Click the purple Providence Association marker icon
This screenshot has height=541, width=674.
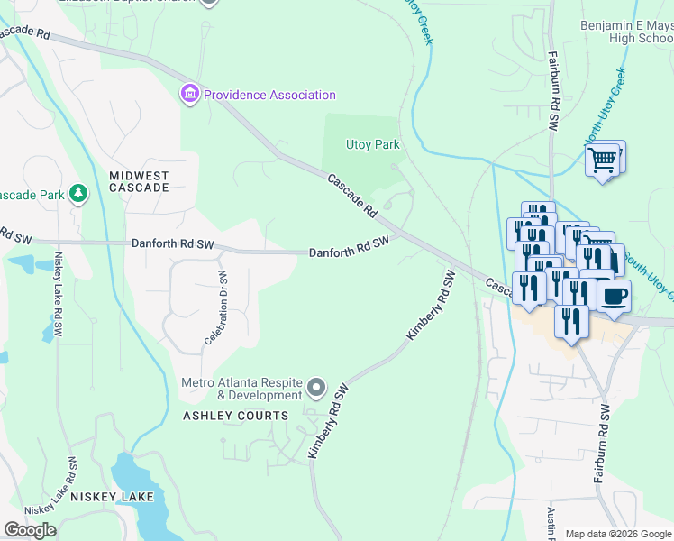tap(190, 94)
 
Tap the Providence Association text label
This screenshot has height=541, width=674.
tap(269, 95)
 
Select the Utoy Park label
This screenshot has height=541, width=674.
tap(372, 144)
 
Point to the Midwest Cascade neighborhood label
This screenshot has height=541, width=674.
tap(139, 181)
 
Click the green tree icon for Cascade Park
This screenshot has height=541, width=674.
tap(79, 193)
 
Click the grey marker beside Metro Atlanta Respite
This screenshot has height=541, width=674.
tap(315, 389)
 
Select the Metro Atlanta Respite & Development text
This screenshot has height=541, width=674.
tap(241, 389)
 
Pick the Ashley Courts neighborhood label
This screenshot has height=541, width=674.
tap(236, 416)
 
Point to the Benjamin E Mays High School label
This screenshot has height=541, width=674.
tap(626, 32)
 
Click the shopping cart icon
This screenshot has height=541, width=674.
tap(603, 160)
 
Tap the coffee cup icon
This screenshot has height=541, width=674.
tap(614, 296)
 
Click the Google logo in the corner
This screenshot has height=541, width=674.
tap(30, 530)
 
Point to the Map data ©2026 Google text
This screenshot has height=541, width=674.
tap(618, 534)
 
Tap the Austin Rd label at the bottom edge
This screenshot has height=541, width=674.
tap(551, 523)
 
